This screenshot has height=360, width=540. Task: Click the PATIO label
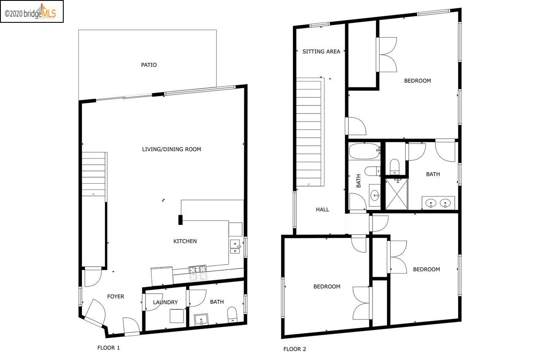(x=149, y=65)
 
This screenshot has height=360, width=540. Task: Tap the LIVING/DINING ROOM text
(x=171, y=149)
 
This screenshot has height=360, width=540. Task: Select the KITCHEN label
(x=185, y=241)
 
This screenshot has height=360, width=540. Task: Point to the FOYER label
(x=116, y=296)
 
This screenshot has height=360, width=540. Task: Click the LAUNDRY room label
(x=165, y=302)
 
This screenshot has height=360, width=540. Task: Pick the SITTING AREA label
(x=321, y=51)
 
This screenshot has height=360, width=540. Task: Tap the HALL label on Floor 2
(x=323, y=209)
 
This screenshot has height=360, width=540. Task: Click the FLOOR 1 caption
(x=108, y=348)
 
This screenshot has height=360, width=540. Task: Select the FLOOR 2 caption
(x=294, y=349)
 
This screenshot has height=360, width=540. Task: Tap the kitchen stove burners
(x=198, y=273)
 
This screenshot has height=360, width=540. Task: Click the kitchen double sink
(x=235, y=246)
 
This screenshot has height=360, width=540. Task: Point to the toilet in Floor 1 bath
(x=232, y=315)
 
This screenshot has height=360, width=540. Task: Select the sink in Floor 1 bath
(x=201, y=320)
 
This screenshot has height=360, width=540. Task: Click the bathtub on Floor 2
(x=364, y=151)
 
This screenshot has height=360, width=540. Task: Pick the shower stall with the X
(x=397, y=194)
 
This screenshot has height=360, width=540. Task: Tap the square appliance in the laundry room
(x=177, y=316)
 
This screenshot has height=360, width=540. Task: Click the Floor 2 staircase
(x=309, y=132)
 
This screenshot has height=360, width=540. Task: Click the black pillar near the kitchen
(x=180, y=219)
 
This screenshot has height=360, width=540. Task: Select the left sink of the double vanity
(x=431, y=203)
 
